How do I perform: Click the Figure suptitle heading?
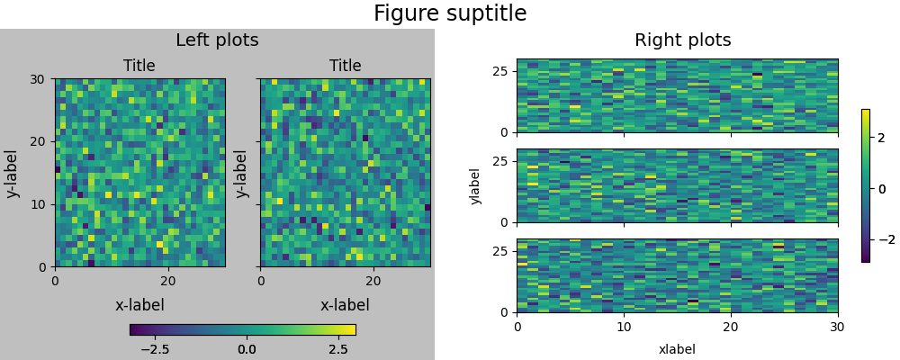450,13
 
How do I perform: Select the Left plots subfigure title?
217,40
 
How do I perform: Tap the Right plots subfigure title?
682,40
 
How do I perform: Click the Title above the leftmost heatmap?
139,66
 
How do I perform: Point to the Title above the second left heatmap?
345,66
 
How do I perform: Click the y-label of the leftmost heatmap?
13,173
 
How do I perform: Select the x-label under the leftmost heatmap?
139,305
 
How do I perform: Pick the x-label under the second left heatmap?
345,305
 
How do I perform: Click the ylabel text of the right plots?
475,185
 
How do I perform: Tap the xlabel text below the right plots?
677,349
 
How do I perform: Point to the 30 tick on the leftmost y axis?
36,79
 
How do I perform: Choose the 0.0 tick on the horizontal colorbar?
246,348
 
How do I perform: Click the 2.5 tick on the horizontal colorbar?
337,348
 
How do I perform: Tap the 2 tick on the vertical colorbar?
881,138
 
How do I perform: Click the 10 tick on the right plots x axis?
624,328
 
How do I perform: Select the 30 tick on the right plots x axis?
837,328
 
